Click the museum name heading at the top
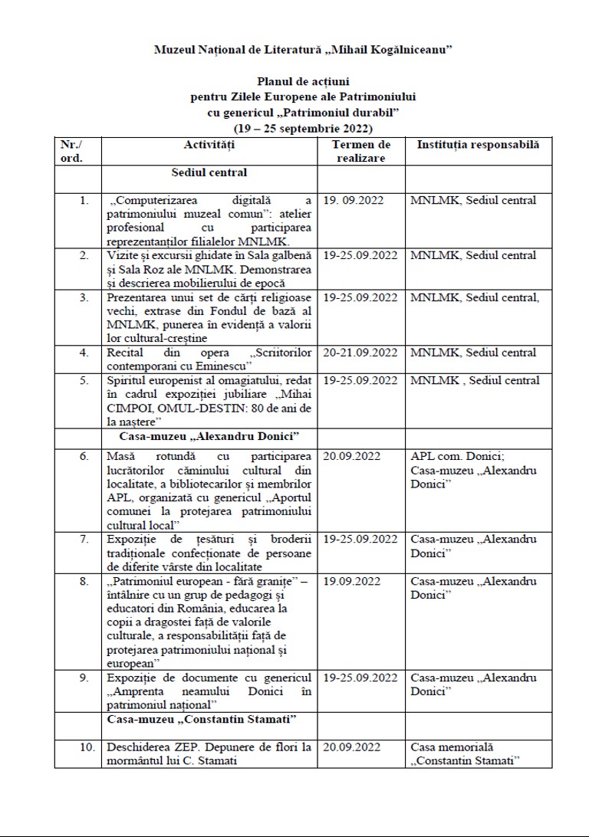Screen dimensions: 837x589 [302, 49]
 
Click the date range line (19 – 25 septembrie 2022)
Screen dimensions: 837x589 [302, 128]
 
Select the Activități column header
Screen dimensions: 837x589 [209, 145]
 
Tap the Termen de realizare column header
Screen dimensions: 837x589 [360, 151]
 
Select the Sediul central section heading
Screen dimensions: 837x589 [209, 172]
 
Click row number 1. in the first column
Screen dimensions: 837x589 [84, 201]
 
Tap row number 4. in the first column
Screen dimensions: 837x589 [84, 353]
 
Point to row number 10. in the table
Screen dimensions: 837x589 [87, 746]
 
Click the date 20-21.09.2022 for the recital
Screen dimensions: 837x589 [360, 353]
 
